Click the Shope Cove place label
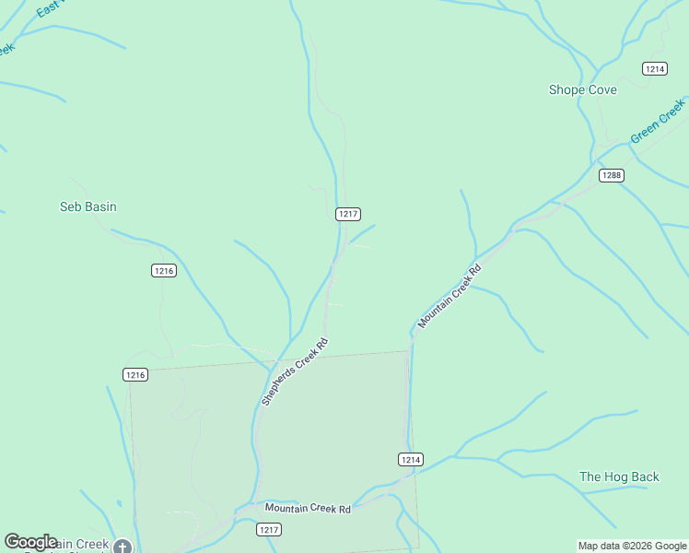[582, 90]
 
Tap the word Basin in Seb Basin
[100, 207]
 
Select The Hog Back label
[619, 477]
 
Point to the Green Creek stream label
[658, 121]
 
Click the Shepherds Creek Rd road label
[295, 371]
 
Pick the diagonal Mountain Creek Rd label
[450, 297]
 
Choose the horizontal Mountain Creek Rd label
[308, 509]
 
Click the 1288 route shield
[611, 175]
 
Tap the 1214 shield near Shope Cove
[655, 69]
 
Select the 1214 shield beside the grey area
[411, 459]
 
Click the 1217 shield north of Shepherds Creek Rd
[347, 214]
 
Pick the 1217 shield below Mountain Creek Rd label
[269, 529]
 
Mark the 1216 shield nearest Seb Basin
[163, 270]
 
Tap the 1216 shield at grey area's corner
[134, 374]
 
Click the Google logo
[30, 542]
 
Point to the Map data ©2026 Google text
[632, 546]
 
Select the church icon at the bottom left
[122, 547]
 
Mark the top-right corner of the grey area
[407, 351]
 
